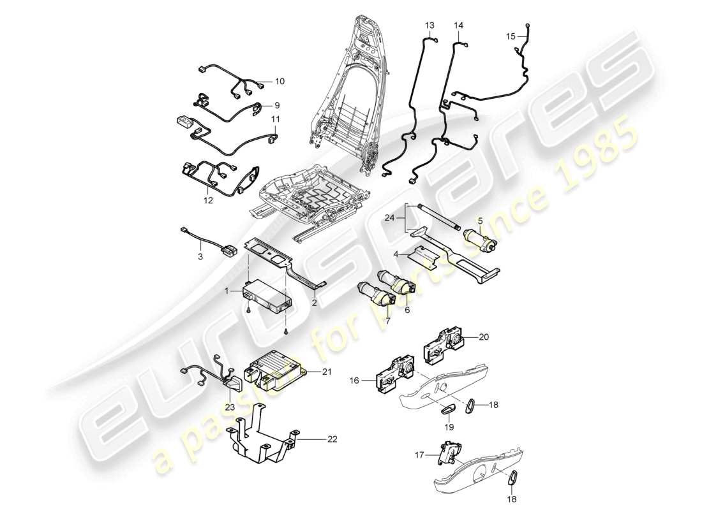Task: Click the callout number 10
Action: (x=280, y=82)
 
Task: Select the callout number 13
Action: (x=429, y=25)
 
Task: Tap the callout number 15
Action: (x=511, y=37)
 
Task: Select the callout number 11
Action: (x=276, y=119)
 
